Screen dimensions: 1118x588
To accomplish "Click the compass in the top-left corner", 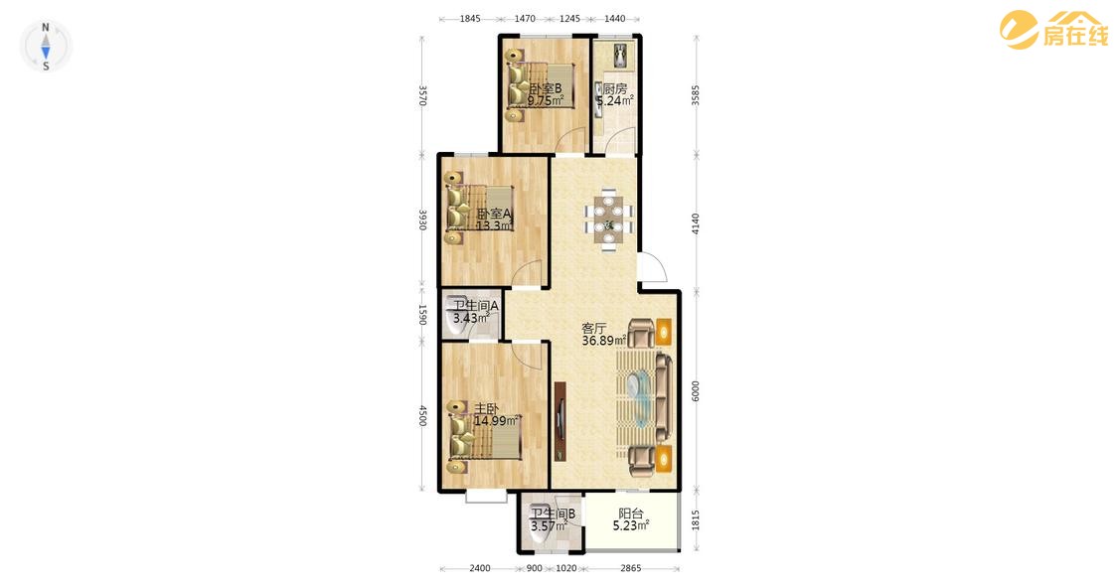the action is pos(46,47).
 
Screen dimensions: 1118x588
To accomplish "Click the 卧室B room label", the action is pos(546,88).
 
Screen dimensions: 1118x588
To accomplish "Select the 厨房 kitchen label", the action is pos(615,88).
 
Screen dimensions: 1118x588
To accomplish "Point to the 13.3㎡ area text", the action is pos(494,225).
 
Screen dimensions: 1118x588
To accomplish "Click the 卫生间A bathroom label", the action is pos(476,306).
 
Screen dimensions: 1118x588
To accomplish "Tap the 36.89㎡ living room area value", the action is pos(604,341).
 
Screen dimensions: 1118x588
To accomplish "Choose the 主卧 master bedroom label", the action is pos(486,408).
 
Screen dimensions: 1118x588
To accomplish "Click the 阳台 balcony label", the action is pos(631,514).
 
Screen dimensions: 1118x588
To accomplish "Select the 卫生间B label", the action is pos(553,514).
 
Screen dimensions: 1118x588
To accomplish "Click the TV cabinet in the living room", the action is pos(560,420).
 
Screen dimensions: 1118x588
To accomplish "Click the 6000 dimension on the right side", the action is pos(696,390).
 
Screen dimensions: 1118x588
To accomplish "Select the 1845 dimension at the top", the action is pos(469,19).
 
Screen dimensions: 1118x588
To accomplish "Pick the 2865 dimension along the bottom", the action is pos(631,568).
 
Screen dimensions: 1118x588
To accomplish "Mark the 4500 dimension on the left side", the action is pos(422,416).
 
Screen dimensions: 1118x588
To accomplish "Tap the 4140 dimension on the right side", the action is pos(696,223).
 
